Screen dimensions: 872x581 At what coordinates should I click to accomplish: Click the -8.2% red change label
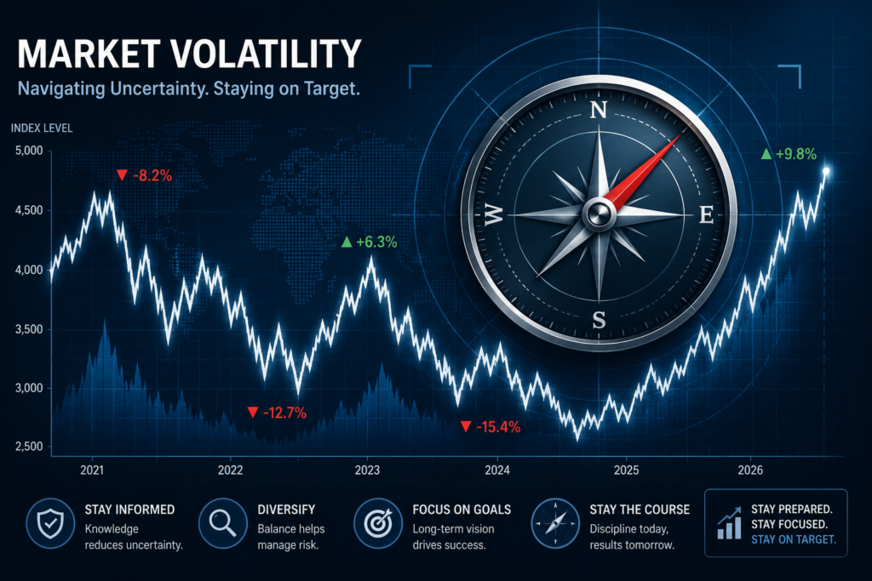[x=145, y=176]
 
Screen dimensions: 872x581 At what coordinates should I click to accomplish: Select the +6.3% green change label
[x=370, y=242]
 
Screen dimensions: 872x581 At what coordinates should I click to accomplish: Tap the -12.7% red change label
[x=277, y=413]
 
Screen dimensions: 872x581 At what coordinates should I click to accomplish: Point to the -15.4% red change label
[x=490, y=426]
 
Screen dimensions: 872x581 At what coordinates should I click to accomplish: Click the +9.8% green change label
[x=789, y=154]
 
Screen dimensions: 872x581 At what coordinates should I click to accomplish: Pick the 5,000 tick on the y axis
[x=29, y=151]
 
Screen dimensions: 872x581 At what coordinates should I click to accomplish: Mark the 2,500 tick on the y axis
[x=29, y=447]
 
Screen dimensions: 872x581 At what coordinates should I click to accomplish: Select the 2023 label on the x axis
[x=367, y=470]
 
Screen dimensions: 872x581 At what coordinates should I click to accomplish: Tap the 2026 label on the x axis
[x=750, y=470]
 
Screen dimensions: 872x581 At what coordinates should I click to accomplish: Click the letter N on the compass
[x=599, y=111]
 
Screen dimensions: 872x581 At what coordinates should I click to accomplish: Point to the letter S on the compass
[x=599, y=320]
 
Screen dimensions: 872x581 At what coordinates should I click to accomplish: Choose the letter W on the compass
[x=493, y=214]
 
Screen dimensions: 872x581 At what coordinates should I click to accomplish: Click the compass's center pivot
[x=599, y=214]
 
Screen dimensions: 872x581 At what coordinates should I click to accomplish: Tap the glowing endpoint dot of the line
[x=826, y=171]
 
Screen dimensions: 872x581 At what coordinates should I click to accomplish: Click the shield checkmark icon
[x=50, y=523]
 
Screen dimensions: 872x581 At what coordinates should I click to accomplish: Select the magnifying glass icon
[x=223, y=523]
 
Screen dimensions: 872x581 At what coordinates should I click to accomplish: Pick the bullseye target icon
[x=378, y=523]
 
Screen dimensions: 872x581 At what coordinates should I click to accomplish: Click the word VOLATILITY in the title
[x=266, y=54]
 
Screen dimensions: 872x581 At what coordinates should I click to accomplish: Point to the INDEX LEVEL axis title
[x=42, y=128]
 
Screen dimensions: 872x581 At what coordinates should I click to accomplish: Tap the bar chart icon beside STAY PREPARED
[x=729, y=522]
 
